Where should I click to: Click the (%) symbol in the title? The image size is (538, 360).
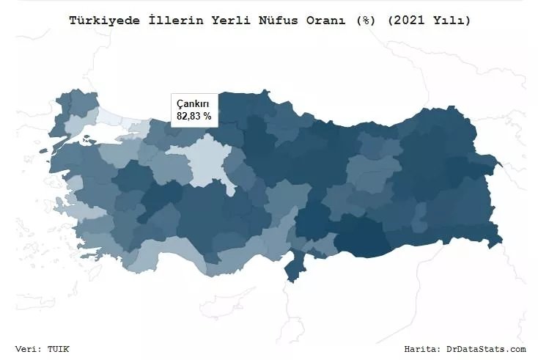(366, 21)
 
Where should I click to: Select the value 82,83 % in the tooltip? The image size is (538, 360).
(194, 116)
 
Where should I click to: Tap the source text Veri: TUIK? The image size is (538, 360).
(42, 349)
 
